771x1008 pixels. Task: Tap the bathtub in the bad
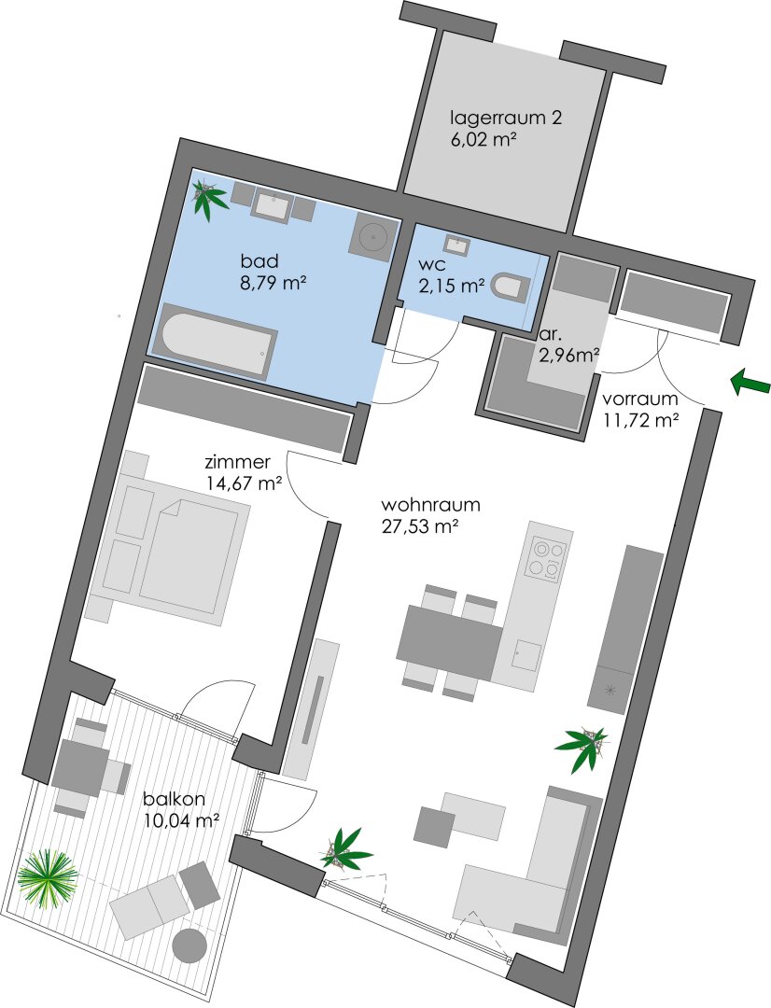218,340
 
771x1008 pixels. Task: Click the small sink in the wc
456,245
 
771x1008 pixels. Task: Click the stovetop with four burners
547,559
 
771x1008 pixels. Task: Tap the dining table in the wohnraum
450,642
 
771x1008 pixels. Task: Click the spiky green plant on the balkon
48,879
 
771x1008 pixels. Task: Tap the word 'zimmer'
237,463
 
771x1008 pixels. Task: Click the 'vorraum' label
639,399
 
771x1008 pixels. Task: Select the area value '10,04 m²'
181,819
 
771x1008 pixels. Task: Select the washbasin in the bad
273,205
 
